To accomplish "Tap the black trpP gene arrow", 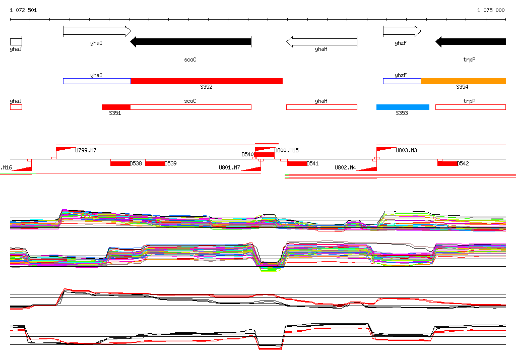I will point(471,42).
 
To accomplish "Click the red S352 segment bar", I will point(207,81).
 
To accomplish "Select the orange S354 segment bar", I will point(463,81).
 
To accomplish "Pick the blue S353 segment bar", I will point(403,107).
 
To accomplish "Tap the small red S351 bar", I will point(116,107).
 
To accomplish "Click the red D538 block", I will point(120,163).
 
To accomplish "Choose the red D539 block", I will point(155,163).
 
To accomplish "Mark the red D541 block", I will point(297,163).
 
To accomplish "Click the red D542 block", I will point(447,163).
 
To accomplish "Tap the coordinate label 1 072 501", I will point(23,10).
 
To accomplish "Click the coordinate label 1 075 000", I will point(491,10).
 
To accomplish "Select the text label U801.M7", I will point(229,167).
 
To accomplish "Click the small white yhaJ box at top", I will point(16,42).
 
